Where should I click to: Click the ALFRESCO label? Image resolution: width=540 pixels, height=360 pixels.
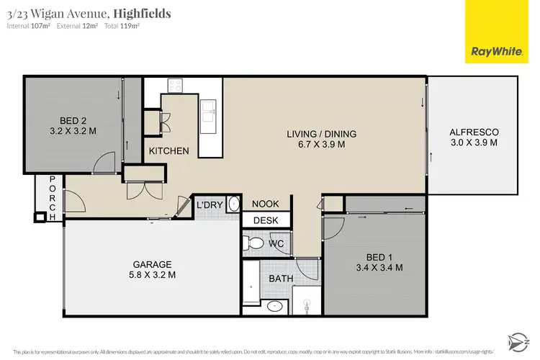pos(474,132)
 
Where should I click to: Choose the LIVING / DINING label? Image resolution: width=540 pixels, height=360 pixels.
pos(322,134)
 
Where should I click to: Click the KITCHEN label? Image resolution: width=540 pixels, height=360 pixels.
pos(169,151)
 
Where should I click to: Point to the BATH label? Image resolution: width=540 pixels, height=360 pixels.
pos(280,278)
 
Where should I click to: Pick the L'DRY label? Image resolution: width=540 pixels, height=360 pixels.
pos(210,205)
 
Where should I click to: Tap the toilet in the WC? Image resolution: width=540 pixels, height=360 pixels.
pos(253,243)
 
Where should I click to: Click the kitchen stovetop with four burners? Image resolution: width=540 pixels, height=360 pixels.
pos(176,86)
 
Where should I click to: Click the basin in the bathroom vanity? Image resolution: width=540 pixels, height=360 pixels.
pos(275,307)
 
